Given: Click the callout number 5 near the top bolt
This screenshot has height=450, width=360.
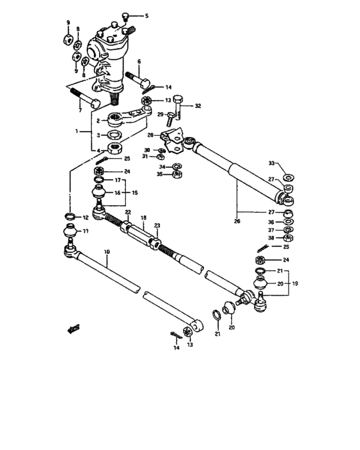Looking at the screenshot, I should (146, 15).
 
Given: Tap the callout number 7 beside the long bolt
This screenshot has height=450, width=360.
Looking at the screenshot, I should (80, 110).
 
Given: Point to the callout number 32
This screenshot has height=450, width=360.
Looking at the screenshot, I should (198, 105).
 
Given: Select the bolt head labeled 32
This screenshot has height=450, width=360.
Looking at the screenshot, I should (179, 100).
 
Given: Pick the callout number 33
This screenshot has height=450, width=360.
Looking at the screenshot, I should (272, 163).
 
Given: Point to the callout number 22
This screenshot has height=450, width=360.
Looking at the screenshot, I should (127, 213).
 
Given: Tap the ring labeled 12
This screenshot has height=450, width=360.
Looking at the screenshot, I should (69, 216).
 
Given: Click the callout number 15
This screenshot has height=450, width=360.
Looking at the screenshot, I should (134, 193).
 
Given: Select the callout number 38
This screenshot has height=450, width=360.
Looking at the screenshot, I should (271, 238).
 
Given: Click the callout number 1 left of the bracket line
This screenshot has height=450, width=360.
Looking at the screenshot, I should (78, 130).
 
